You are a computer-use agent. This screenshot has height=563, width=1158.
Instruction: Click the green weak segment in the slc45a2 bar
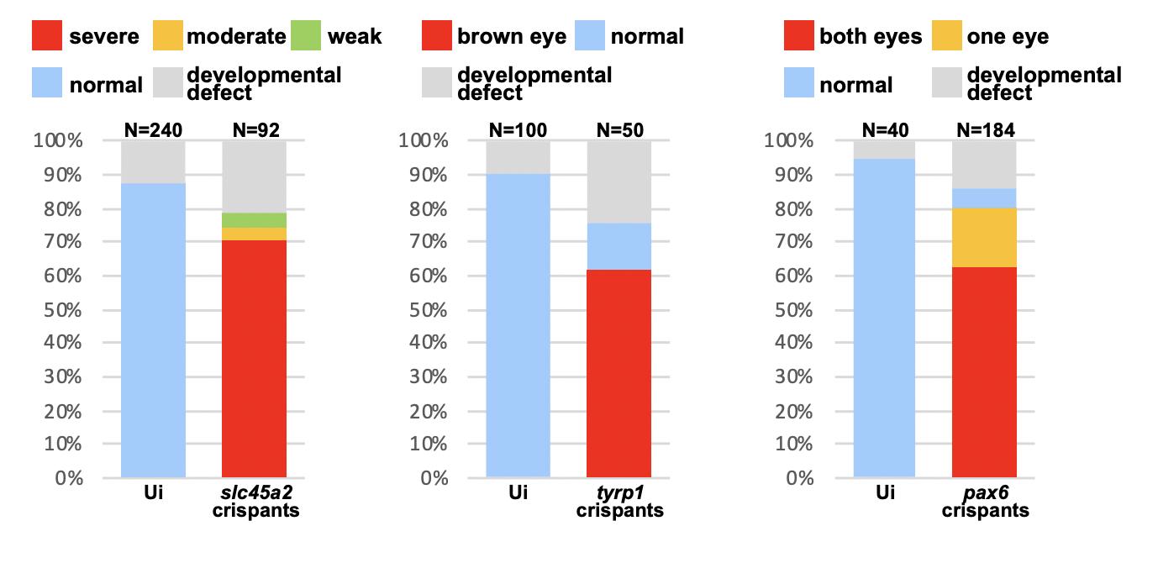click(x=254, y=220)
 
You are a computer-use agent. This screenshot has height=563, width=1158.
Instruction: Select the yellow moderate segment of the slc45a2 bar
click(x=254, y=234)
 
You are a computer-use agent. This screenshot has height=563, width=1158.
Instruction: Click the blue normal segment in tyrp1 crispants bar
click(x=619, y=246)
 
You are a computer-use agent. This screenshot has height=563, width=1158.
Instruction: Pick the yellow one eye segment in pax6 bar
click(x=984, y=238)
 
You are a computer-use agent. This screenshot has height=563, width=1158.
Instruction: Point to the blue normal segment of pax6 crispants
click(x=984, y=198)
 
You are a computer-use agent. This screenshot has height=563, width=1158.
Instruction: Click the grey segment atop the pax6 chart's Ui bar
click(x=885, y=150)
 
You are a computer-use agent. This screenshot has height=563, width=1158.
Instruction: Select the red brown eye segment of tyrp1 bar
click(x=619, y=373)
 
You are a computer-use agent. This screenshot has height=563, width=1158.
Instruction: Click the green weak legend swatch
click(x=307, y=37)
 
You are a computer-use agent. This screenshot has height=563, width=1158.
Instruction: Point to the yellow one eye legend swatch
click(x=947, y=37)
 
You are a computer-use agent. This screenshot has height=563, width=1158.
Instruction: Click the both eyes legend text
click(x=871, y=37)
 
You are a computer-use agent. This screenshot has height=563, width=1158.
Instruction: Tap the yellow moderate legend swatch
click(x=167, y=37)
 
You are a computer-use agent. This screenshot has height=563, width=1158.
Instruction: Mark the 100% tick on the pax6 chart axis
click(x=791, y=140)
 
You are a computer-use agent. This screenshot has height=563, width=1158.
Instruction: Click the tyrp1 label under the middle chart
click(x=619, y=494)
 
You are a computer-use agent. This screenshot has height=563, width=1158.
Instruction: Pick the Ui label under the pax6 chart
click(x=885, y=494)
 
